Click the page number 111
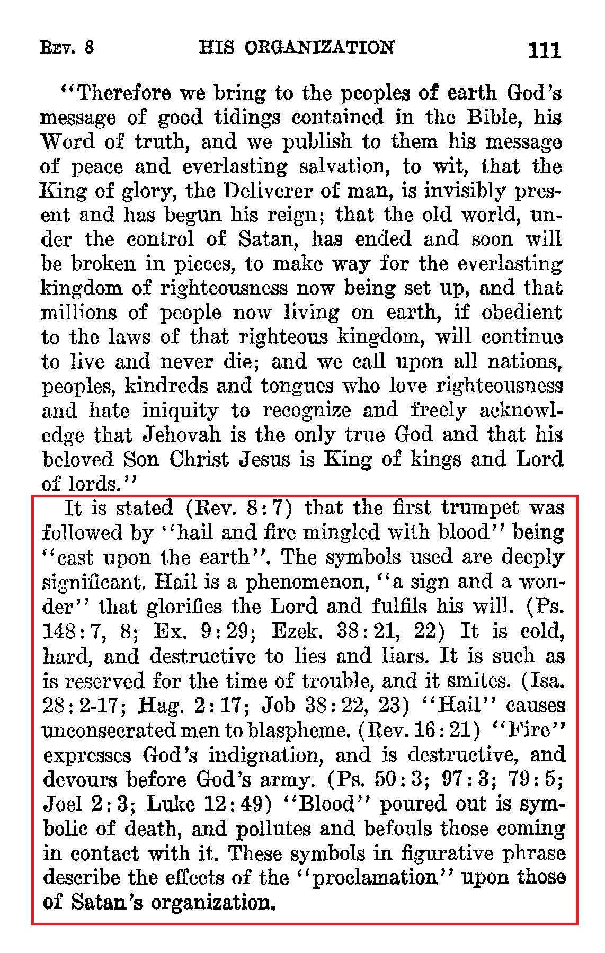pos(544,50)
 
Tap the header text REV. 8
pos(67,48)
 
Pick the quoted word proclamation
pos(374,878)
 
